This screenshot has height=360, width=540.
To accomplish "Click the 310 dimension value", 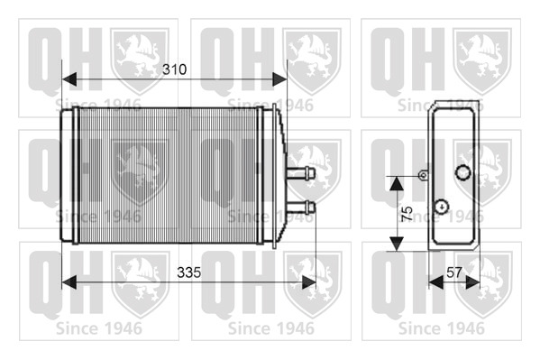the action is [175, 69].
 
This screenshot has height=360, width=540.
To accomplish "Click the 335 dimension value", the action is [188, 272].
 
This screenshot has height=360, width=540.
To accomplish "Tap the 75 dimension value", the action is [407, 214].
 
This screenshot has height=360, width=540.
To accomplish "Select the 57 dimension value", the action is [453, 272].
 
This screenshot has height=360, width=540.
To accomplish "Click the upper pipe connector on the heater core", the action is [300, 172].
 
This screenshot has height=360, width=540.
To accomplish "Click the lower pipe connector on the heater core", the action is [300, 207].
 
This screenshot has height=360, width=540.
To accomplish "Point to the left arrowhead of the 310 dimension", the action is [69, 79].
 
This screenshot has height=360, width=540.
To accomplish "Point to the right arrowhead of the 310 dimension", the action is [279, 79].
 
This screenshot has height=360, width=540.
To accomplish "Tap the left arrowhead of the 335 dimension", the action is [69, 282].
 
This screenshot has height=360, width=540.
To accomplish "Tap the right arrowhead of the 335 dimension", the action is [308, 282].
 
